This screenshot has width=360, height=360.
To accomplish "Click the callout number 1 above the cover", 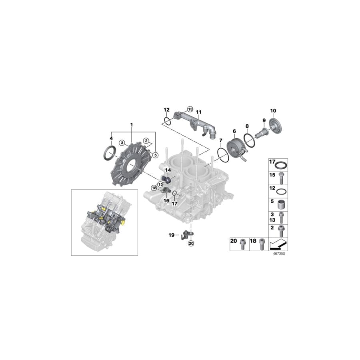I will pyautogui.click(x=131, y=125).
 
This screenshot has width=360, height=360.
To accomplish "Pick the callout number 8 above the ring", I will pyautogui.click(x=247, y=126).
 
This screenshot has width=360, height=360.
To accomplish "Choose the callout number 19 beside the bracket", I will pyautogui.click(x=171, y=235).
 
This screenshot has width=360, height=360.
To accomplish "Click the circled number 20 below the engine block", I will pyautogui.click(x=190, y=243).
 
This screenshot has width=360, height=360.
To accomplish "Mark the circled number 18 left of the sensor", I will pyautogui.click(x=154, y=188).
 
